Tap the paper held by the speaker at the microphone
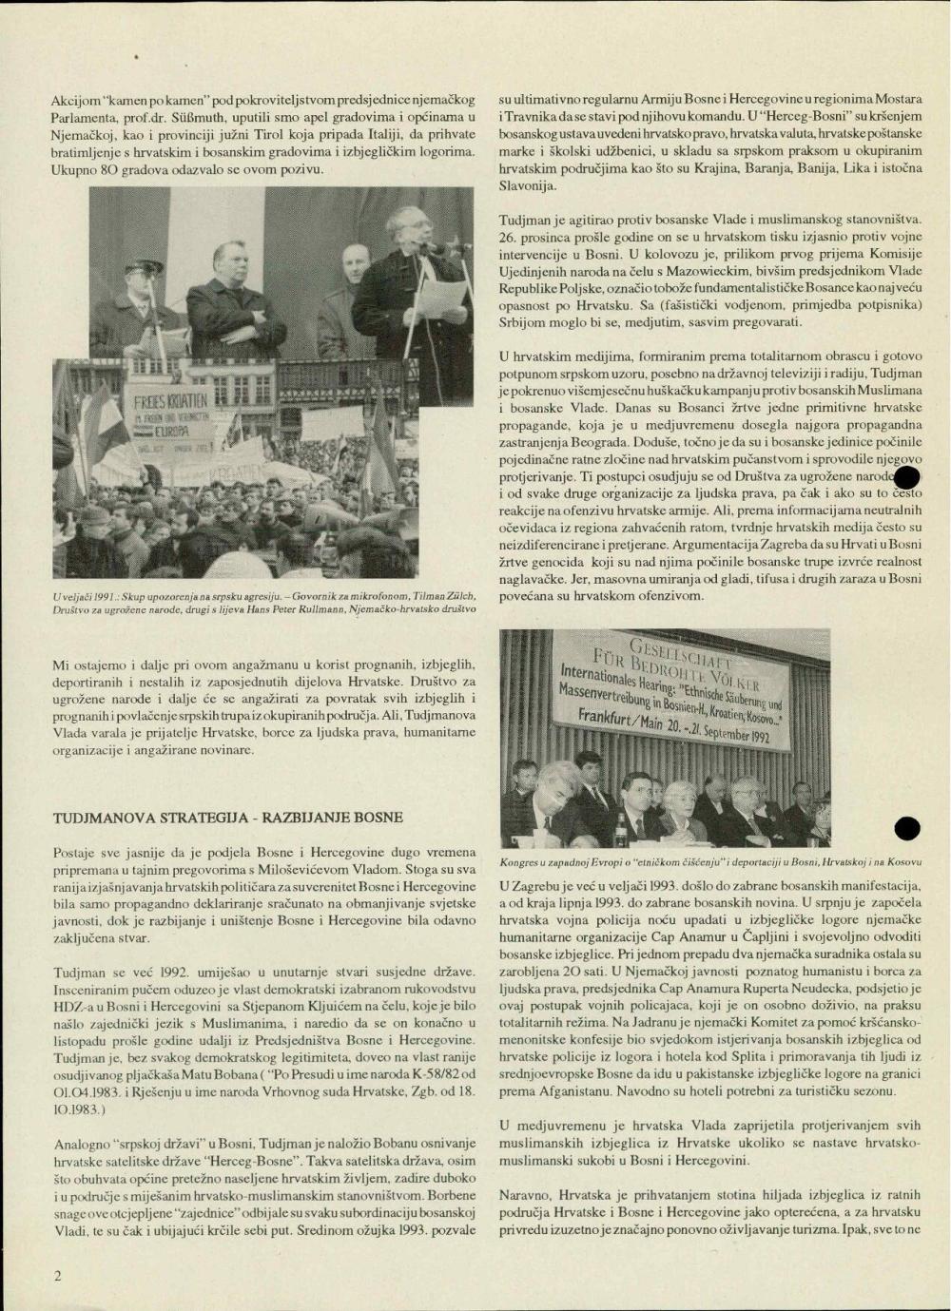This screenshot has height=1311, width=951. pyautogui.click(x=438, y=298)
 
